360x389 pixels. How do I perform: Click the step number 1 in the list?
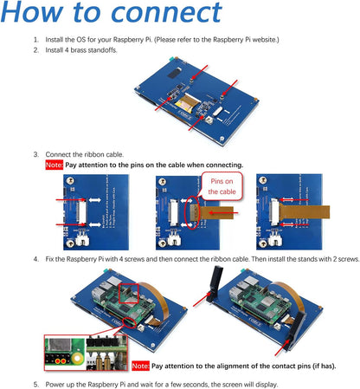click(x=35, y=41)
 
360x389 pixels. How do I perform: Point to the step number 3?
click(x=35, y=153)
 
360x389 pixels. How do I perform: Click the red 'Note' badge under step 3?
click(x=54, y=165)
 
